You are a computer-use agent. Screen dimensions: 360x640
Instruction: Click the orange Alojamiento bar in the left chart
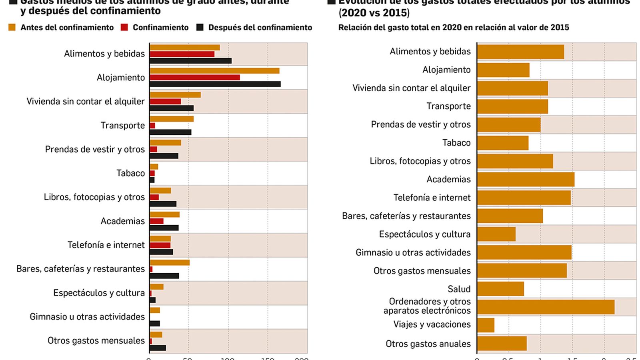pos(214,71)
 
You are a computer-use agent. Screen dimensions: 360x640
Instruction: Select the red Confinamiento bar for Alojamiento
pos(195,77)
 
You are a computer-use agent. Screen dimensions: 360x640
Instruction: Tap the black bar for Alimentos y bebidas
pos(190,61)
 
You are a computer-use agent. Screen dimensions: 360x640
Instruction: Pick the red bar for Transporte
pos(152,126)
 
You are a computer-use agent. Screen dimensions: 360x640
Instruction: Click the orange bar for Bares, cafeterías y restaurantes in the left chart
pos(170,262)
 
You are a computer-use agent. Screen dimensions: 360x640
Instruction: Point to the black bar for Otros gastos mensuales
pos(158,348)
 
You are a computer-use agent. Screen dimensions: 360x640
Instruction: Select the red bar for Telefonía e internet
pos(160,245)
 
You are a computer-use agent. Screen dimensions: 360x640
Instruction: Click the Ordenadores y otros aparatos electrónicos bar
pos(546,307)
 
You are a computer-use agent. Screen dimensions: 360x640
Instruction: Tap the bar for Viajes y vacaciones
pos(486,325)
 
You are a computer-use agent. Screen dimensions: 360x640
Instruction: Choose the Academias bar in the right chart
pos(526,179)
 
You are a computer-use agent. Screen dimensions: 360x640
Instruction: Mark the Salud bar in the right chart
pos(500,289)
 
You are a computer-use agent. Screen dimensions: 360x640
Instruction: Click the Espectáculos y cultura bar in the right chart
pos(496,234)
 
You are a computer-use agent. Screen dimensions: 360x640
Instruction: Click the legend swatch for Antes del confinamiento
pos(12,27)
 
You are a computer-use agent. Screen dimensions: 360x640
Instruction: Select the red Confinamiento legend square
pos(124,27)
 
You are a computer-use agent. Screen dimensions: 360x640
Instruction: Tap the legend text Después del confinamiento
pos(260,28)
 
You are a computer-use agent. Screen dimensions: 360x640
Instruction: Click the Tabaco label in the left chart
pos(130,173)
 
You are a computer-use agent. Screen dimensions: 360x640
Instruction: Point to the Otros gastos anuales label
pos(428,344)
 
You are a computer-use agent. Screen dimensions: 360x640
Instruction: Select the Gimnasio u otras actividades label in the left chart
pos(87,317)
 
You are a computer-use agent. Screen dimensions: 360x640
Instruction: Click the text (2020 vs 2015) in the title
pos(374,13)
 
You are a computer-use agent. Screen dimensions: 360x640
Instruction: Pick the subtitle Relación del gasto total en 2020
pos(454,28)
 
